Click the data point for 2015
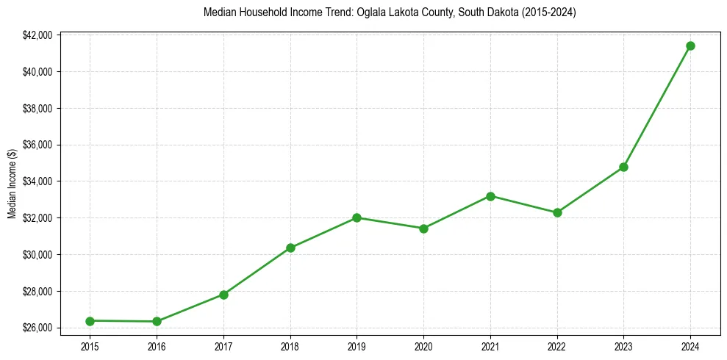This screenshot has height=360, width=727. (x=90, y=321)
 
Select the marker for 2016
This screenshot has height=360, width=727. (x=157, y=322)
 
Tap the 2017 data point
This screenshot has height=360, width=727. (x=223, y=295)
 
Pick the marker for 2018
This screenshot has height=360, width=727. (x=290, y=248)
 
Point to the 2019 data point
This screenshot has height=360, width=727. (x=357, y=217)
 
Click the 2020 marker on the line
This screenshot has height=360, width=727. (x=423, y=228)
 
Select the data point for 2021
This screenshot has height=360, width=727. (x=490, y=196)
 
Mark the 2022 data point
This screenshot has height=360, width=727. (x=557, y=212)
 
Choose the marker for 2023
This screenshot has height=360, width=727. (x=623, y=167)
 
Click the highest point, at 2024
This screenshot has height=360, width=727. (x=690, y=46)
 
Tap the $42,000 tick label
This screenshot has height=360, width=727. (x=37, y=35)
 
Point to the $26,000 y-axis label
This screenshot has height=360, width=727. (x=37, y=328)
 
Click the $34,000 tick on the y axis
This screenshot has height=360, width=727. (x=37, y=181)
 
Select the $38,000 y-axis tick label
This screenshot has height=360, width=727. (x=37, y=109)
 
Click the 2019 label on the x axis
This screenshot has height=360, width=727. (x=357, y=345)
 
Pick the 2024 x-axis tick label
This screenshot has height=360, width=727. (x=690, y=345)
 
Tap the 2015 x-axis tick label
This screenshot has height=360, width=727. (x=90, y=345)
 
